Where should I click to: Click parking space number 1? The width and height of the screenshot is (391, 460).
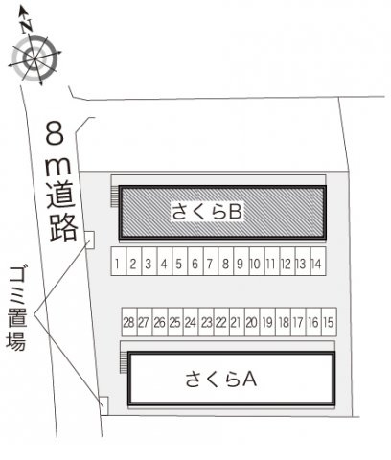click(119, 261)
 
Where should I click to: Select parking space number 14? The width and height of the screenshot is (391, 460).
click(318, 261)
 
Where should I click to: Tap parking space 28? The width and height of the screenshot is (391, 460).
click(129, 322)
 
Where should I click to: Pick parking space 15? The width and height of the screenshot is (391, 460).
click(329, 322)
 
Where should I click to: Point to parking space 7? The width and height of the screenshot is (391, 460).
click(211, 261)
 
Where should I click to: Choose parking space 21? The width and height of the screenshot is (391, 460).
click(237, 322)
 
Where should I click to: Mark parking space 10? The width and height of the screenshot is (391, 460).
click(257, 261)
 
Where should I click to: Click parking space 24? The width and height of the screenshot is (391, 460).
click(191, 322)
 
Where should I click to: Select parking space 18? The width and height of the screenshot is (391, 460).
click(283, 322)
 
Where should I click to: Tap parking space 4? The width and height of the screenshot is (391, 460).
click(165, 261)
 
